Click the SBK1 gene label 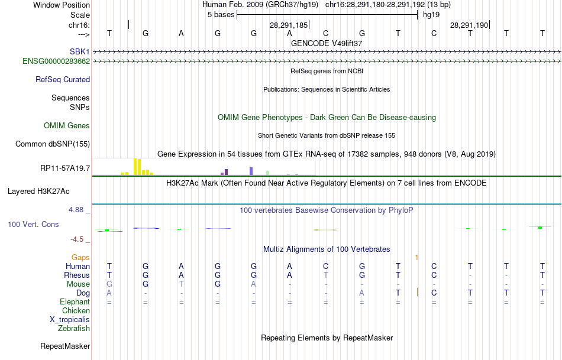79,51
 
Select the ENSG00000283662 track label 56,61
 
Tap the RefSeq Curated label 63,79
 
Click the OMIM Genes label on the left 67,125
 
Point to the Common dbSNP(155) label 53,144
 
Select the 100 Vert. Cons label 33,225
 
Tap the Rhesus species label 77,275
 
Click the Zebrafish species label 74,328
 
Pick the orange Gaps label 80,257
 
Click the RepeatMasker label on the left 65,346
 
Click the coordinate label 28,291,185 289,25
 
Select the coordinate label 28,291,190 469,25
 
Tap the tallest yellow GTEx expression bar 135,167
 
